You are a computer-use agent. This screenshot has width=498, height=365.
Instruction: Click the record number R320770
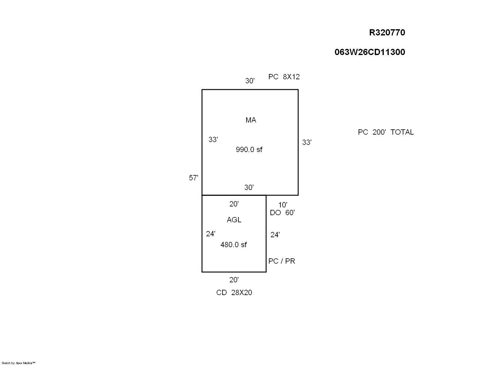click(x=387, y=33)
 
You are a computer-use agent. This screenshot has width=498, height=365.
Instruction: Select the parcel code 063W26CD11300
click(x=370, y=52)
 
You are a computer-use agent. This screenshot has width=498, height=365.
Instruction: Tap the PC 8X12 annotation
click(x=284, y=77)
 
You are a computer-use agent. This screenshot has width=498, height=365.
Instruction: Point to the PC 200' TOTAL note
click(x=386, y=132)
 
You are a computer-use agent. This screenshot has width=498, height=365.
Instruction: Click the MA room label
click(x=251, y=120)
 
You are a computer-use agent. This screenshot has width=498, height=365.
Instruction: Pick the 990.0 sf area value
click(x=249, y=150)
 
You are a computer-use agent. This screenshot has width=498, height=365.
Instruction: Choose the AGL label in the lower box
click(x=234, y=220)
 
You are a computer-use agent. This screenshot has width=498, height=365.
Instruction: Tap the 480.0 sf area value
click(x=233, y=245)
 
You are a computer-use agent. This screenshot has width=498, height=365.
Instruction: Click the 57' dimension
click(x=193, y=178)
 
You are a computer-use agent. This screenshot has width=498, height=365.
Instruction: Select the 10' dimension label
click(x=283, y=205)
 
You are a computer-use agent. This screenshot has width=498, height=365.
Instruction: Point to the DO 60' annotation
click(x=282, y=213)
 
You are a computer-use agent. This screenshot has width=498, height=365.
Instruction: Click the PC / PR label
click(x=281, y=261)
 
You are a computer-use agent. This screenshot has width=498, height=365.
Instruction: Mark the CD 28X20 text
click(x=234, y=293)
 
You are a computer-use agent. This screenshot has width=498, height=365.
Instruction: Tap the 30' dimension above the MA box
click(x=250, y=81)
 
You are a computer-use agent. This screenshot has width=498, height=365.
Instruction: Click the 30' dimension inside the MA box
click(x=249, y=187)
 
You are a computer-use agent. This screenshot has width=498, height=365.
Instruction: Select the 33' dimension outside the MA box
click(x=307, y=142)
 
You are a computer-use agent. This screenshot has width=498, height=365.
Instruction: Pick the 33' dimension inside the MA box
click(x=213, y=140)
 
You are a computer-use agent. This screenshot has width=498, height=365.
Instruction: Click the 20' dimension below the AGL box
click(x=234, y=280)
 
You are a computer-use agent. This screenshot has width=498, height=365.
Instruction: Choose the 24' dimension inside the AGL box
click(x=210, y=234)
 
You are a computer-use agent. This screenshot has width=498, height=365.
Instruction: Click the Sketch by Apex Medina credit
click(x=18, y=363)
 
